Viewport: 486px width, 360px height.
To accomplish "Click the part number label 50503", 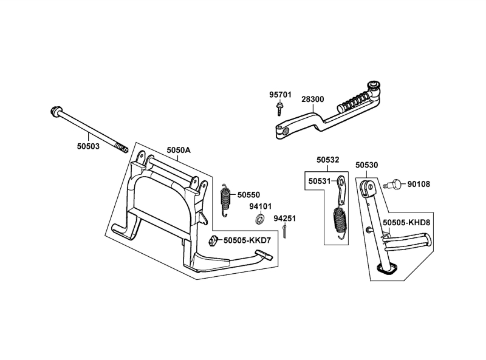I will pos(89,146).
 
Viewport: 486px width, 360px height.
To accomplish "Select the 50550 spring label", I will pos(248,195).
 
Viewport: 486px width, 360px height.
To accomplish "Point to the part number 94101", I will pos(261,206).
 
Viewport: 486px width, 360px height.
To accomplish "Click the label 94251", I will pos(284,218).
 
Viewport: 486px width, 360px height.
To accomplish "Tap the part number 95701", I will pos(281,95).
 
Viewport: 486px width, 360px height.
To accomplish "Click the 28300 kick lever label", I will pos(313,98).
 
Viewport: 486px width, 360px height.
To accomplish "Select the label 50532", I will pos(328,160).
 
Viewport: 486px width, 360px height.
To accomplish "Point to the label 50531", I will pos(320,181).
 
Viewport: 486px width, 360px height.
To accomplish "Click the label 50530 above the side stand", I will pos(367,165).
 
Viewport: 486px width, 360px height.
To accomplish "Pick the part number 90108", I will pos(419,183).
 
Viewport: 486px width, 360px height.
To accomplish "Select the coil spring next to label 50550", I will pos(225,199).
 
